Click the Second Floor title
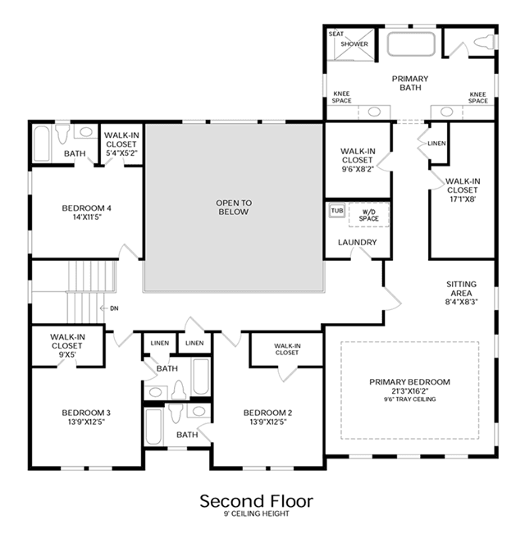pyautogui.click(x=256, y=501)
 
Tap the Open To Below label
pyautogui.click(x=234, y=207)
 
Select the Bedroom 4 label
pyautogui.click(x=87, y=212)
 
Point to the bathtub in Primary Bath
pyautogui.click(x=411, y=44)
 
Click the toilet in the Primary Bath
pyautogui.click(x=485, y=42)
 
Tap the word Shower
pyautogui.click(x=354, y=44)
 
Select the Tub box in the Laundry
pyautogui.click(x=337, y=211)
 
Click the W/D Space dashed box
pyautogui.click(x=369, y=215)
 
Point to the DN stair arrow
pyautogui.click(x=103, y=308)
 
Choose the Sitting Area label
pyautogui.click(x=461, y=293)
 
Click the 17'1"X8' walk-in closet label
pyautogui.click(x=463, y=189)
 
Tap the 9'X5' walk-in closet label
pyautogui.click(x=66, y=345)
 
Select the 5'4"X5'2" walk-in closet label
pyautogui.click(x=121, y=144)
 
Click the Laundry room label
pyautogui.click(x=358, y=242)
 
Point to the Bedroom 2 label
pyautogui.click(x=267, y=417)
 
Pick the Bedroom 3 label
pyautogui.click(x=86, y=417)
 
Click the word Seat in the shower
pyautogui.click(x=336, y=34)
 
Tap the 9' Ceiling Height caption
pyautogui.click(x=256, y=513)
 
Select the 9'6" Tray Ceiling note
pyautogui.click(x=409, y=399)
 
